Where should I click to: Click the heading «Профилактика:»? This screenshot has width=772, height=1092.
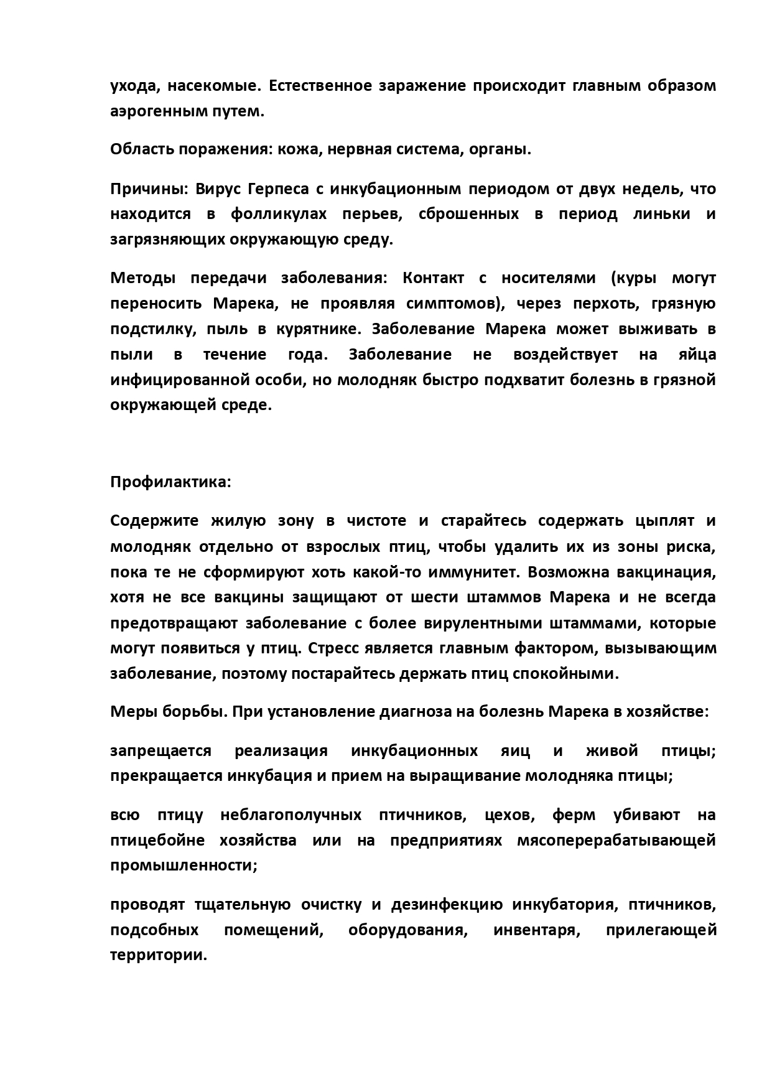pyautogui.click(x=170, y=482)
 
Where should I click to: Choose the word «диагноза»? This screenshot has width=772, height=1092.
pyautogui.click(x=416, y=712)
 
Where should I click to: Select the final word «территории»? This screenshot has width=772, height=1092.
pyautogui.click(x=158, y=955)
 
